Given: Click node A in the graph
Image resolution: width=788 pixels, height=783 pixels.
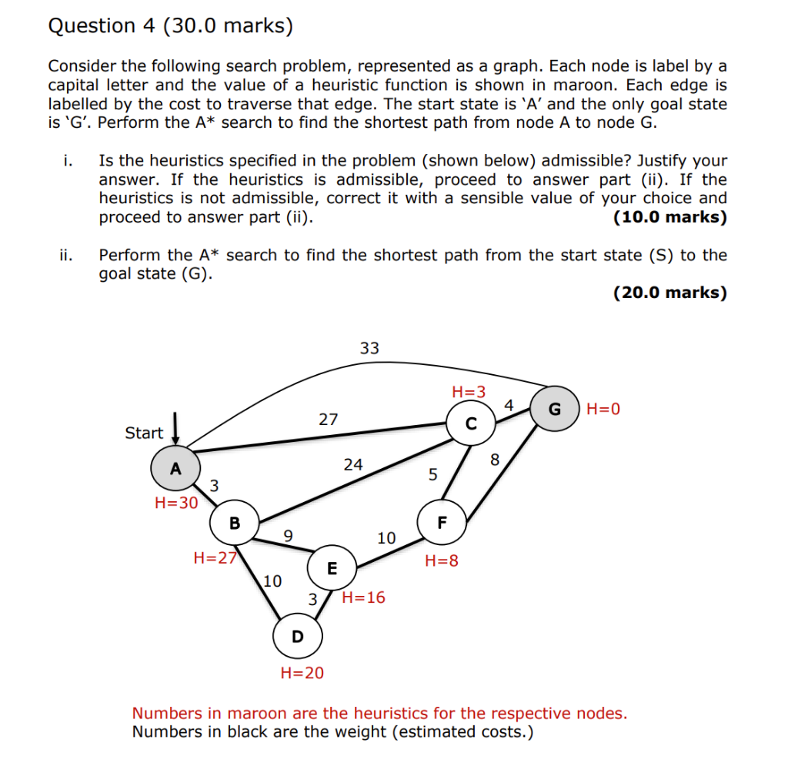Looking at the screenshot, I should [175, 468].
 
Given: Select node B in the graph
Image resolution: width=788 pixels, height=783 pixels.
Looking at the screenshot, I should [234, 524].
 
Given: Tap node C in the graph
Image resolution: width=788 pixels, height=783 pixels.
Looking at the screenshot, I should [471, 423].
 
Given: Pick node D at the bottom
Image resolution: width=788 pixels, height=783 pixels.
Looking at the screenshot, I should [297, 637].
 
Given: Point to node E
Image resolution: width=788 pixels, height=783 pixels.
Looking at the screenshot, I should [332, 569].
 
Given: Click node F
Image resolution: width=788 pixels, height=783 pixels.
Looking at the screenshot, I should [442, 522].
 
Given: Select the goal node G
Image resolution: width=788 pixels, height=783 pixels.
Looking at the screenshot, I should [554, 409].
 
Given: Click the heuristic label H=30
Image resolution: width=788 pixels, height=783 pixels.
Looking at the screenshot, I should [176, 503].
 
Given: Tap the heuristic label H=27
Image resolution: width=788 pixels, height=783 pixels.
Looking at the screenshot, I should [215, 558].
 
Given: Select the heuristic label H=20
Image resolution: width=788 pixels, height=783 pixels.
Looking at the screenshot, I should [302, 673].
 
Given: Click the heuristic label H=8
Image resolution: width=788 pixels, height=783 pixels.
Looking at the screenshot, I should [441, 561].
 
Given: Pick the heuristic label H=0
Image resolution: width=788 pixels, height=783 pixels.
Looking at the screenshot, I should [603, 409].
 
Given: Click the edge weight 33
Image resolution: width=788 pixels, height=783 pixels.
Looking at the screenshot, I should [369, 348].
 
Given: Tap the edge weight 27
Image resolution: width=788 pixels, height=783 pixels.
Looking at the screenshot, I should [329, 420].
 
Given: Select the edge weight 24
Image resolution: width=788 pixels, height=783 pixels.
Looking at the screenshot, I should [353, 464].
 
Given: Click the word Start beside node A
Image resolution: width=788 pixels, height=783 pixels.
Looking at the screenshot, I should [144, 433].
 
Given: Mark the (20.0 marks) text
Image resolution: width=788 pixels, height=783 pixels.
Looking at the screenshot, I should [669, 293].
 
